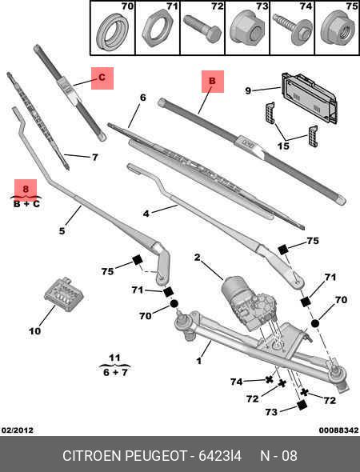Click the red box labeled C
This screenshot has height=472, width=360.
point(102,78)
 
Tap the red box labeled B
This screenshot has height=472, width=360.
point(212,82)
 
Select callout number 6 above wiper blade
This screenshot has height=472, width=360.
point(142,98)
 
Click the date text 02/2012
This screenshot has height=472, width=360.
point(17,430)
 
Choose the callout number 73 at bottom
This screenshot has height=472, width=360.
point(271,411)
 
